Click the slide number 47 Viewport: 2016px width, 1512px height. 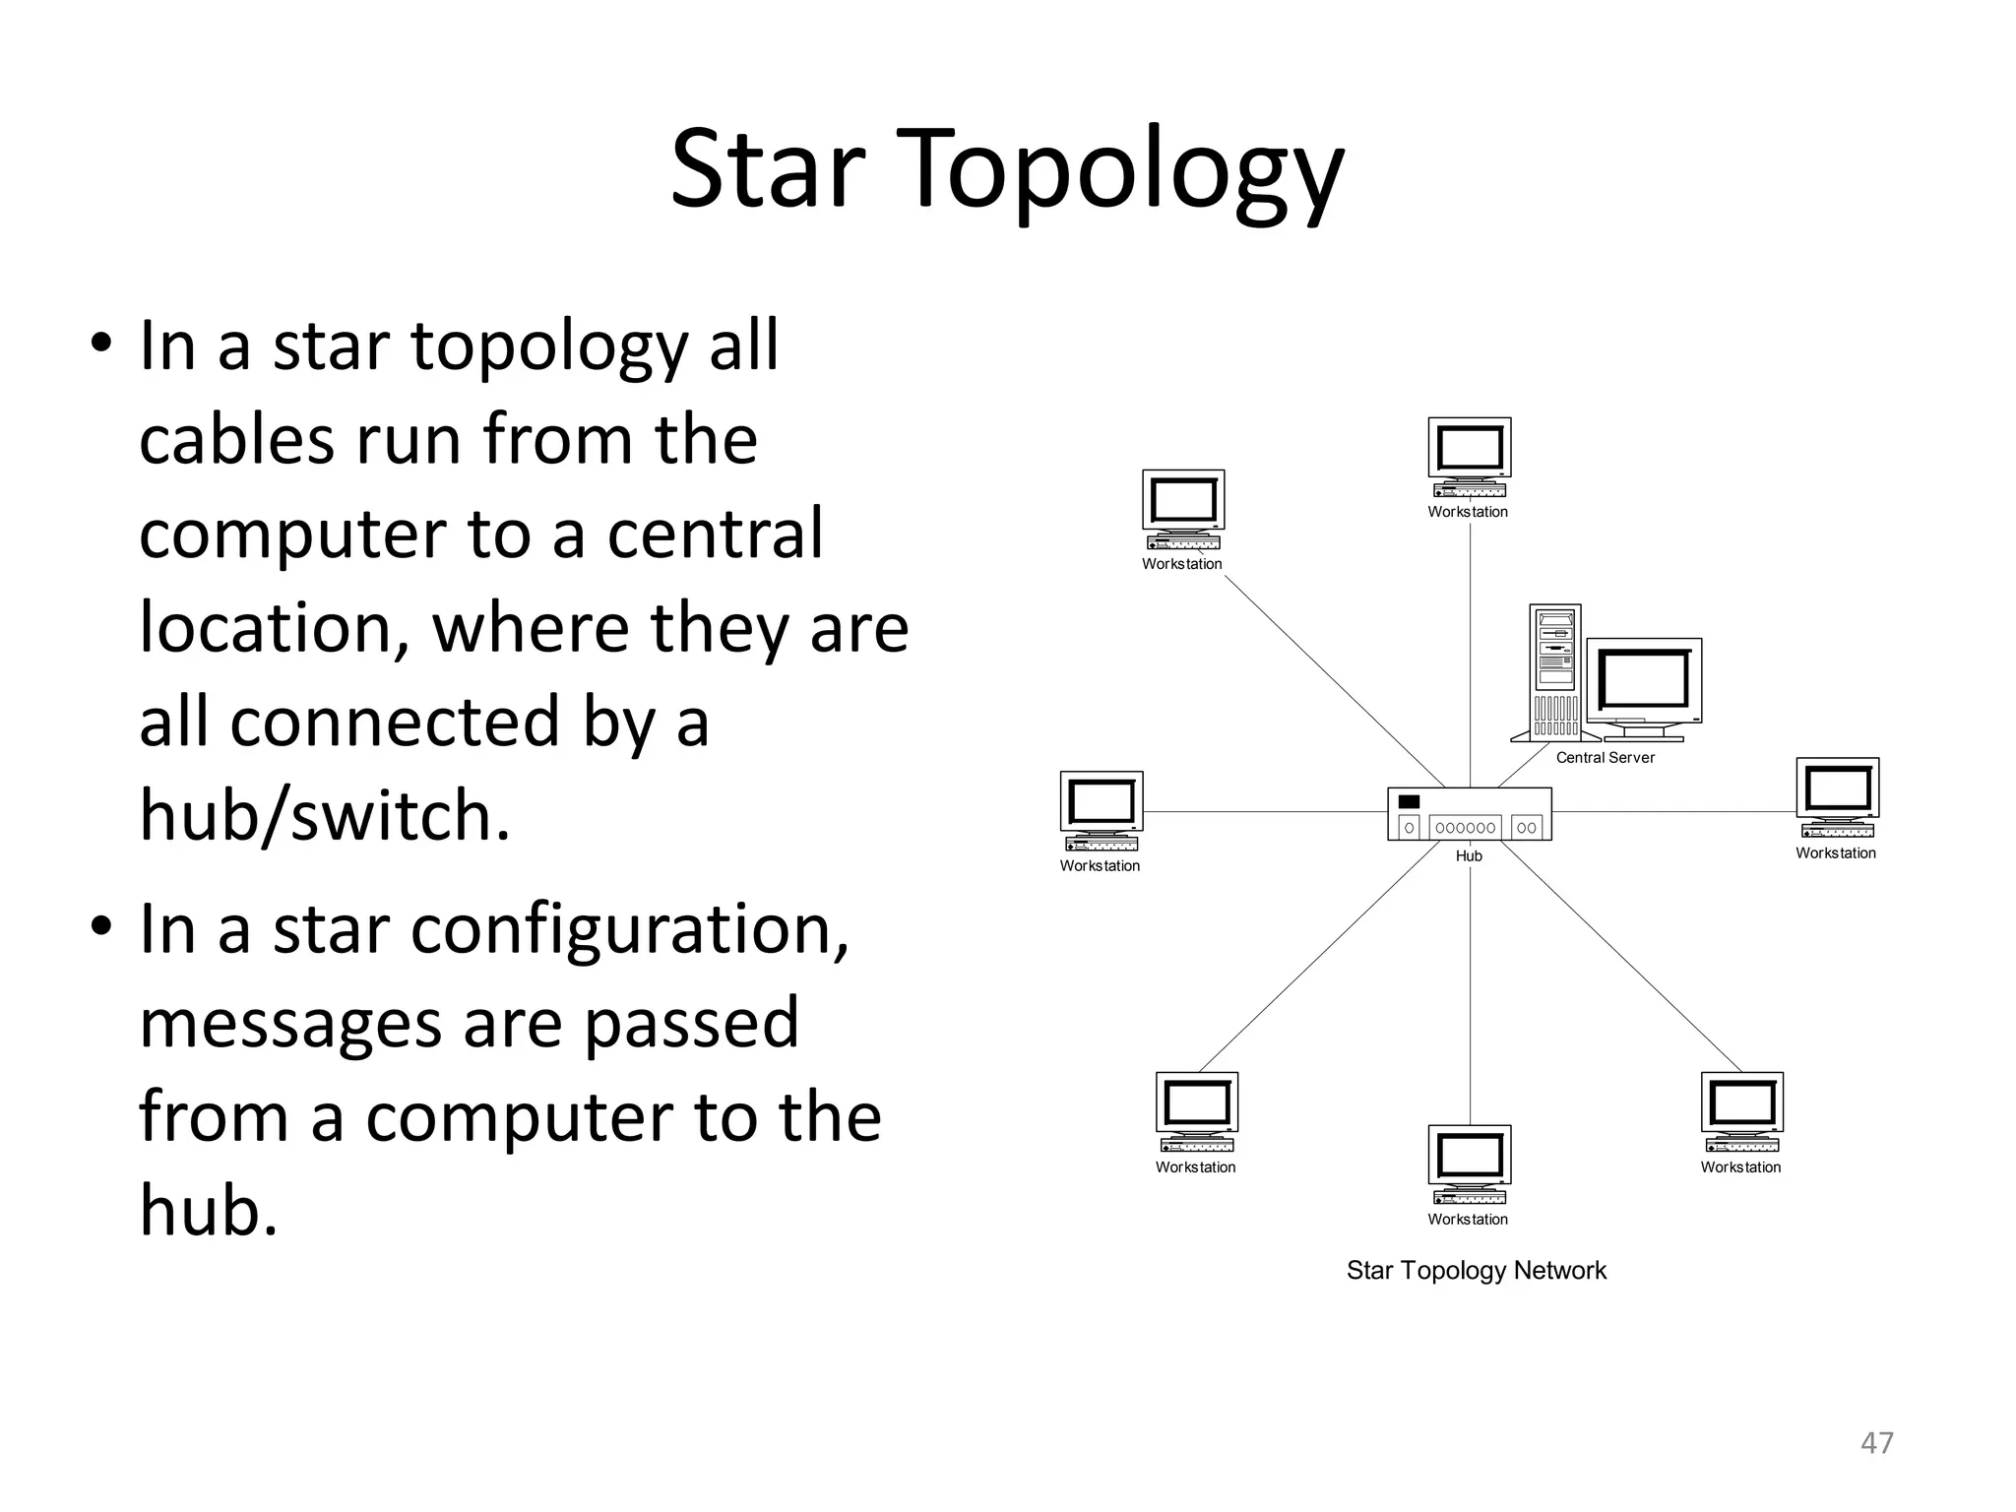[x=1876, y=1442]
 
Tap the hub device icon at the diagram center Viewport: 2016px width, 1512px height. [x=1469, y=814]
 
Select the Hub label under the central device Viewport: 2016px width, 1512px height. [x=1469, y=856]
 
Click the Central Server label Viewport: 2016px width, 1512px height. [x=1605, y=758]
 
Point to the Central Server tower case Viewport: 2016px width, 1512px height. [x=1555, y=671]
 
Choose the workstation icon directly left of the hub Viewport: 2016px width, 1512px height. [x=1102, y=810]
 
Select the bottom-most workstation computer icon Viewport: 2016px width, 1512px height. [x=1470, y=1165]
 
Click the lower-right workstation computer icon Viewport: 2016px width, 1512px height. [x=1741, y=1111]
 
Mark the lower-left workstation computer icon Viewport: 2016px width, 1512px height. [x=1196, y=1111]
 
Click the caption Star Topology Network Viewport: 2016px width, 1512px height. [x=1476, y=1271]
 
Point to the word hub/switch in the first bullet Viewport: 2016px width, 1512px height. [x=325, y=815]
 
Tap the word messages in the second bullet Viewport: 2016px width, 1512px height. [x=290, y=1024]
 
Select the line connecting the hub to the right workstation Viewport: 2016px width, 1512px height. [x=1673, y=812]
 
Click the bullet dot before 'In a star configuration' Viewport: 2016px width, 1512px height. [x=100, y=927]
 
